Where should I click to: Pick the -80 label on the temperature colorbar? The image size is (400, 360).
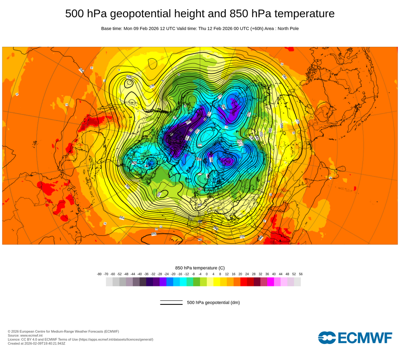coord(99,274)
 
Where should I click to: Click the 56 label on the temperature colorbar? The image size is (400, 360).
coord(300,274)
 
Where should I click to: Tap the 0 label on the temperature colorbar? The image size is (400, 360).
coord(206,274)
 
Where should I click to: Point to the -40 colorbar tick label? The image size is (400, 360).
coord(140,274)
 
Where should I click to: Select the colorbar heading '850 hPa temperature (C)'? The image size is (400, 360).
coord(200,268)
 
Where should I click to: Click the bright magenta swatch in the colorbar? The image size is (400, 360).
coord(270,282)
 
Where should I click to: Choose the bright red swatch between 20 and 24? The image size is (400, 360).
coord(244,282)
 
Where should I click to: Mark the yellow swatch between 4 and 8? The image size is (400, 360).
coord(217,282)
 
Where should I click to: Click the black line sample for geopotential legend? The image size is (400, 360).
coord(171,303)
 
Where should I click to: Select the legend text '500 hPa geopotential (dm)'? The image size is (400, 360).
coord(213,302)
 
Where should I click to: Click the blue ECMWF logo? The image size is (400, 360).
coord(355,337)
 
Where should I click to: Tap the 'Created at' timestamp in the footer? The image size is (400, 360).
coord(36,343)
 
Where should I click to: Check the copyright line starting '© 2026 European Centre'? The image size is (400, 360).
coord(63,331)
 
